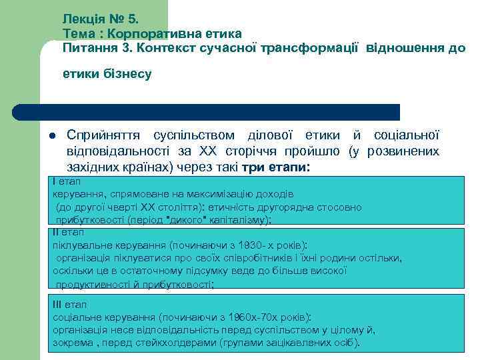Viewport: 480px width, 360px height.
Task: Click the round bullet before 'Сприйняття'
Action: point(51,137)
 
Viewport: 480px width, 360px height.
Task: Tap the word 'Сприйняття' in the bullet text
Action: point(104,136)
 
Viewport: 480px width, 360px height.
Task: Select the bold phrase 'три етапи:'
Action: point(277,167)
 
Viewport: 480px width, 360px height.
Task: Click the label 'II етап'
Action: point(69,232)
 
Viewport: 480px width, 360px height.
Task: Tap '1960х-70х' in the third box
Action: point(260,317)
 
